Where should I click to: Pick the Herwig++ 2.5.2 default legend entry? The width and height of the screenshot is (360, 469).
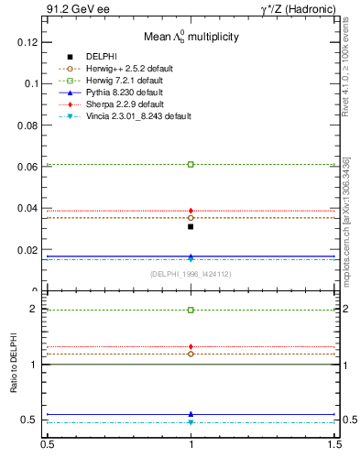tap(128, 69)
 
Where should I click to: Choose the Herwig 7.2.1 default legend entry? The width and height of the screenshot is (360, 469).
tap(124, 81)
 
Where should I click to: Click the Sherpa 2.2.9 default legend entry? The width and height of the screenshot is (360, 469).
tap(123, 104)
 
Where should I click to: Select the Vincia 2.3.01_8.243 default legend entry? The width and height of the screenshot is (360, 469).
tap(137, 116)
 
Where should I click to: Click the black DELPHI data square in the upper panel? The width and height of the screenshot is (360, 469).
tap(191, 226)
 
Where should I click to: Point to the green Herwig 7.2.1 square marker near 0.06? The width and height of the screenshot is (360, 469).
tap(191, 164)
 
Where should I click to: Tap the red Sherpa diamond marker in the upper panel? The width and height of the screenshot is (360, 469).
tap(191, 211)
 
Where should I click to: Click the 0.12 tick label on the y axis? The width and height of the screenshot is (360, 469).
tap(28, 42)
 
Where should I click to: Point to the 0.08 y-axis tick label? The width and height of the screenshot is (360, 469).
tap(28, 125)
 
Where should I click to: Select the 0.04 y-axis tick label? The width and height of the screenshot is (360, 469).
tap(28, 208)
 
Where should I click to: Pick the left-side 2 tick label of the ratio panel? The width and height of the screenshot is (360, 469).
tap(36, 309)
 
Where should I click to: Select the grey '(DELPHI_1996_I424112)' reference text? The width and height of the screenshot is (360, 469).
tap(190, 274)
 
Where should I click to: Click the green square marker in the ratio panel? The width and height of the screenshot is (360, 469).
tap(191, 311)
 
